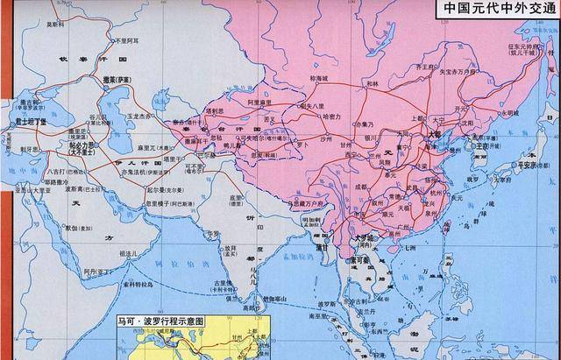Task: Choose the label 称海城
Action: point(322,80)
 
